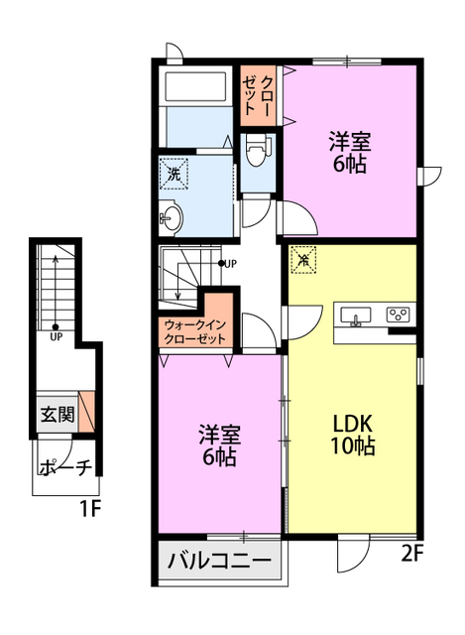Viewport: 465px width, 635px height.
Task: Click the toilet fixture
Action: [258, 150]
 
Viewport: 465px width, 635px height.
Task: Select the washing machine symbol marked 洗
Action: [174, 175]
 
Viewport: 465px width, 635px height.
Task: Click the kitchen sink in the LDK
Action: [356, 316]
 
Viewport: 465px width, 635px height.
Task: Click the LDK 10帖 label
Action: [353, 435]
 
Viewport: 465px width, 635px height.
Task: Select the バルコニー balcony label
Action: [220, 561]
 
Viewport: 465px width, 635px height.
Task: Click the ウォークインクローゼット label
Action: [195, 331]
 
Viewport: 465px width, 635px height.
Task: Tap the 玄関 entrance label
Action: [58, 414]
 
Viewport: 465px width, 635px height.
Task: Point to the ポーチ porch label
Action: [65, 467]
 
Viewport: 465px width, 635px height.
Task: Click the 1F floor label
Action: [89, 509]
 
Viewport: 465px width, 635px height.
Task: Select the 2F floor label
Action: [412, 554]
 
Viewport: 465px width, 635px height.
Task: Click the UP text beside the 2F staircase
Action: [230, 264]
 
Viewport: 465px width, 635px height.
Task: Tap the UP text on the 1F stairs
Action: [57, 336]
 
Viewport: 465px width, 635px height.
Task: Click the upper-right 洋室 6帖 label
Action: [350, 152]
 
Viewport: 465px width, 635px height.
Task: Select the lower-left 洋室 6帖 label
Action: [220, 445]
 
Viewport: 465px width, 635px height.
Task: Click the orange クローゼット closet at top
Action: [258, 95]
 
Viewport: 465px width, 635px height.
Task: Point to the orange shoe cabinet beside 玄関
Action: [86, 411]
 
